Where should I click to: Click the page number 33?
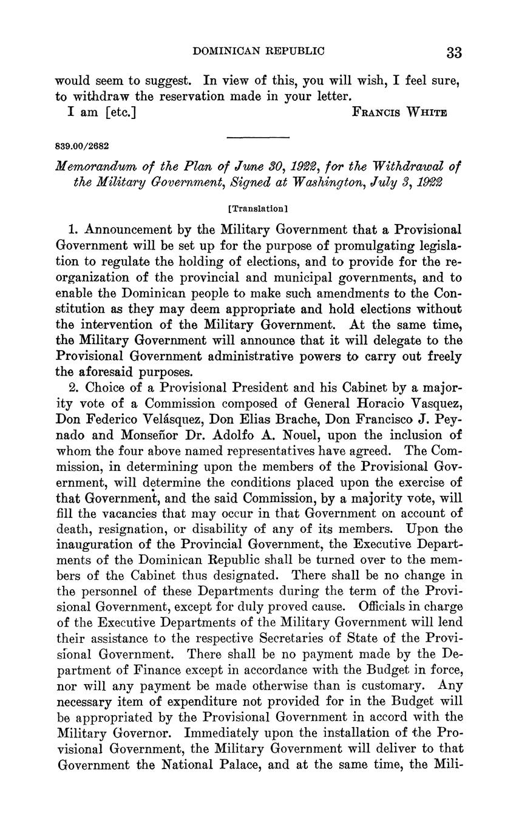tap(454, 52)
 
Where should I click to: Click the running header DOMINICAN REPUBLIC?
tap(259, 51)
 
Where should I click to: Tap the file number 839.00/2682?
tap(82, 146)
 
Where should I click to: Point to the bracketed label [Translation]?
tap(258, 209)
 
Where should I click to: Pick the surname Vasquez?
tap(432, 403)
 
